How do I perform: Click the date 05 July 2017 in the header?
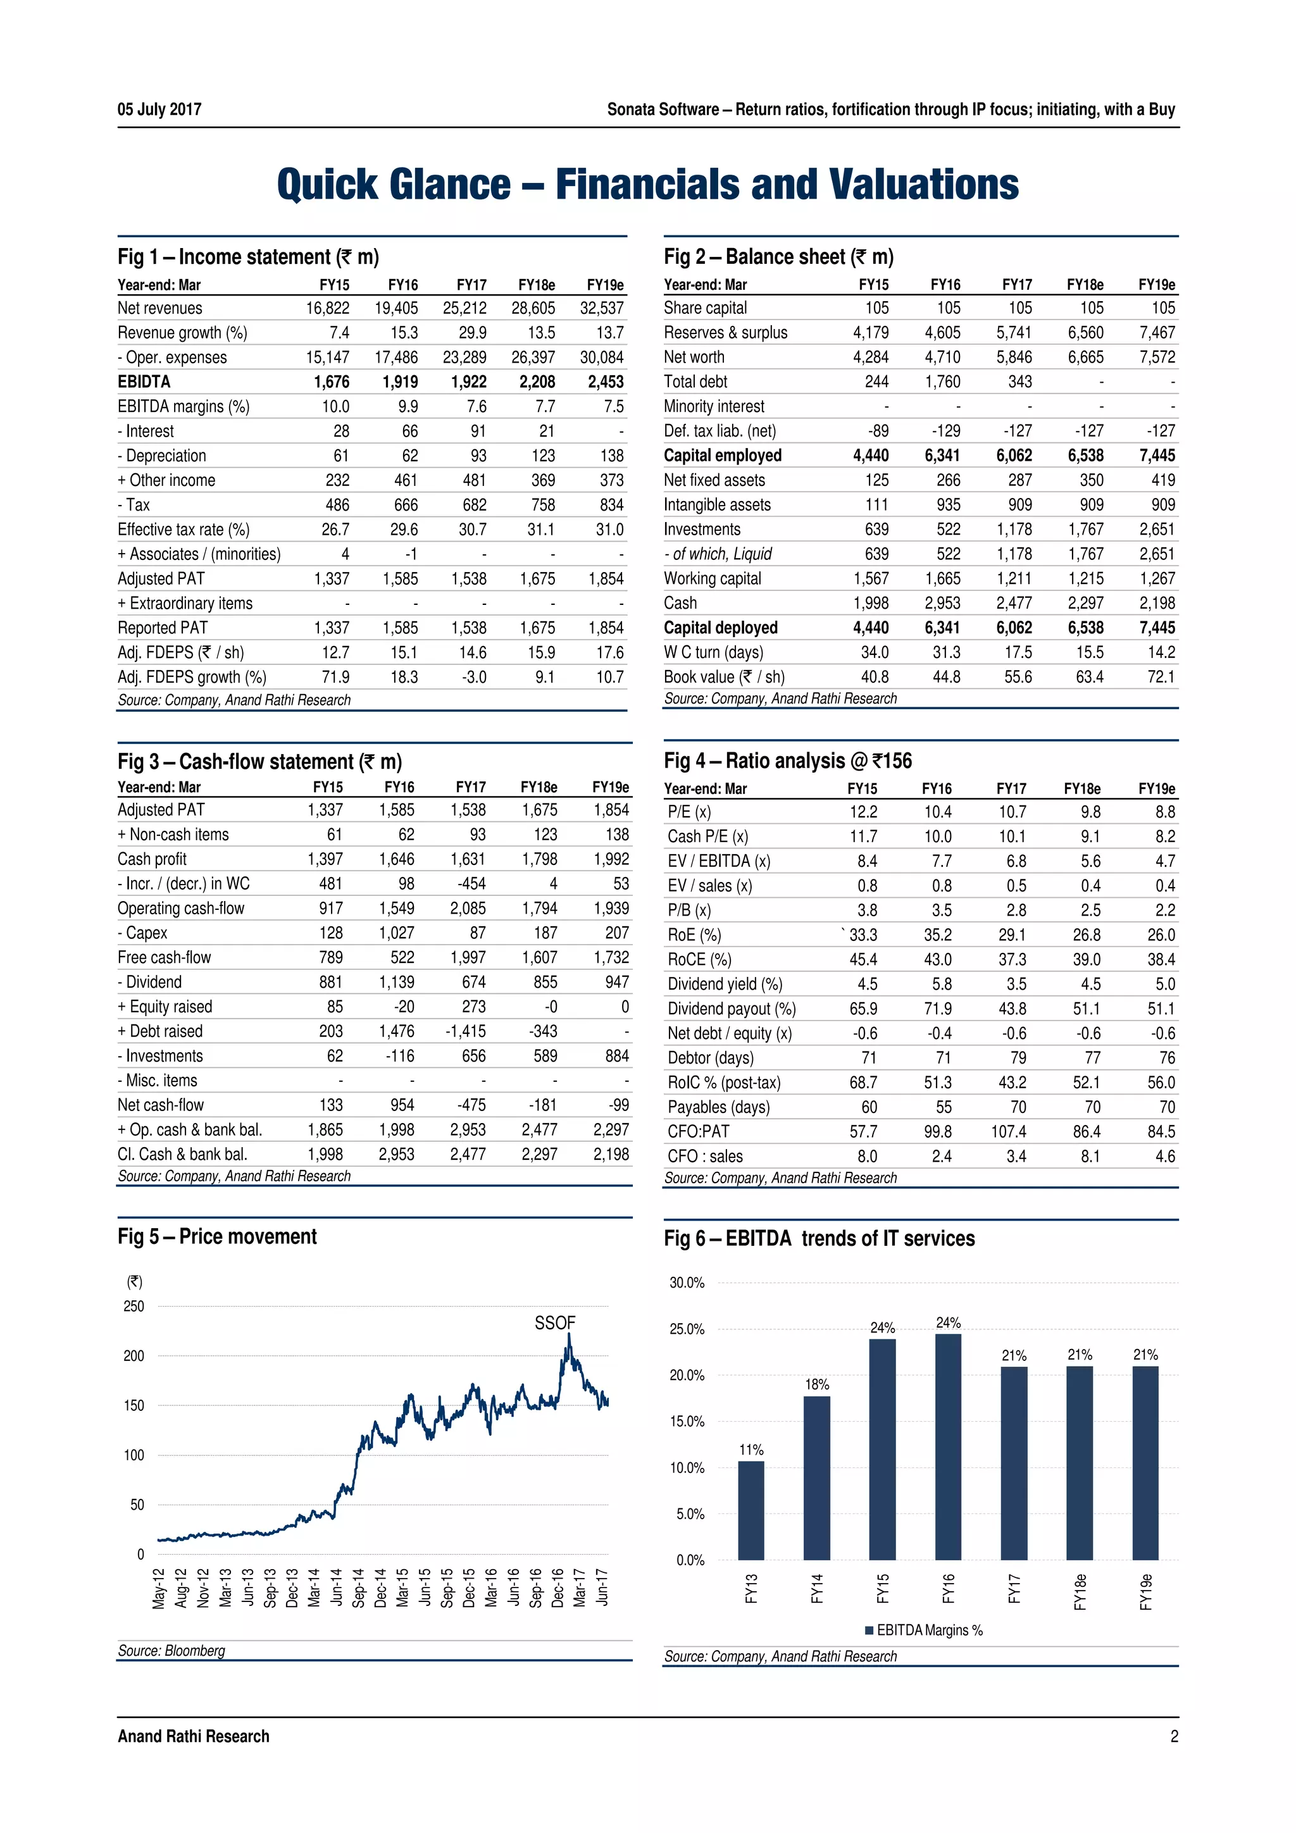[x=159, y=109]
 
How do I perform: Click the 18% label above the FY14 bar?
[x=817, y=1384]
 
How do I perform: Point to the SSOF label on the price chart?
[x=555, y=1323]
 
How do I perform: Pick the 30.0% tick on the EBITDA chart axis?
[x=687, y=1283]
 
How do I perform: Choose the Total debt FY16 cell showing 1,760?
[x=942, y=382]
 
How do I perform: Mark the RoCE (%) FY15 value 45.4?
[x=863, y=960]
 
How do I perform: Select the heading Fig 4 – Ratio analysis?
[x=787, y=761]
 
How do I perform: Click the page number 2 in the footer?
[x=1174, y=1736]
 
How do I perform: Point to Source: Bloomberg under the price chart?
[x=171, y=1650]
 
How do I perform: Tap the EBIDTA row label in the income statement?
[x=144, y=382]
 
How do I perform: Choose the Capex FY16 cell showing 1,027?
[x=396, y=933]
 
